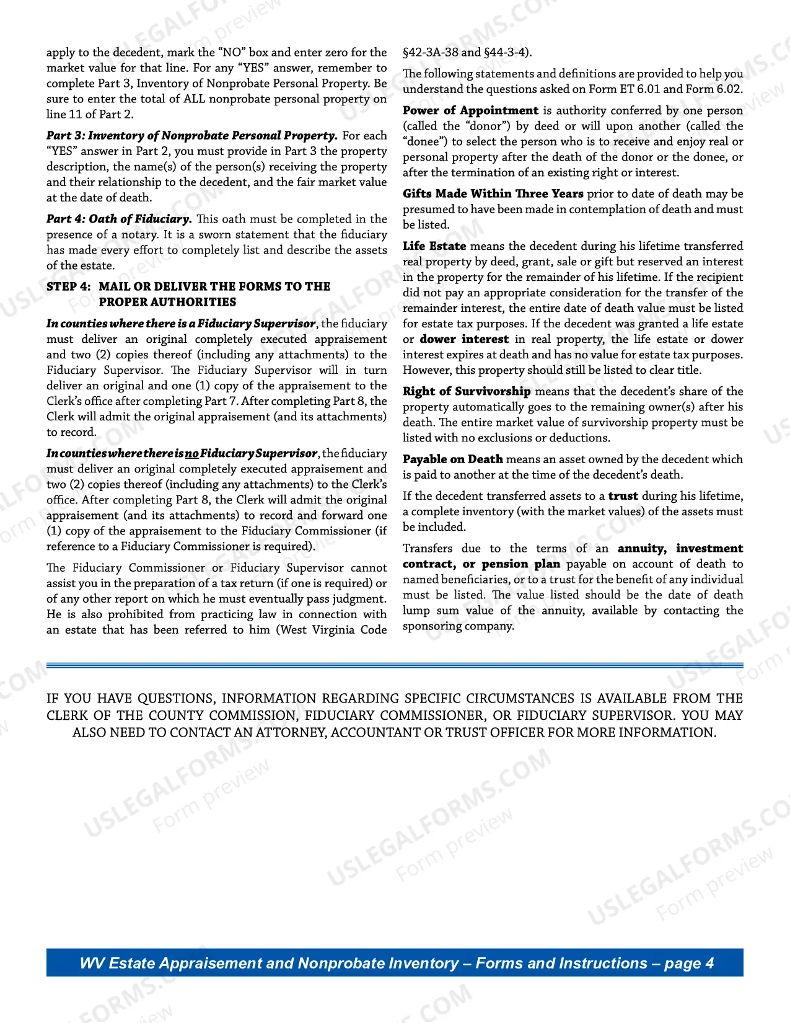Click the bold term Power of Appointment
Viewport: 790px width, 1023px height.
point(470,110)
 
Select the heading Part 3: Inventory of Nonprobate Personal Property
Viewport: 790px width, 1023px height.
point(191,136)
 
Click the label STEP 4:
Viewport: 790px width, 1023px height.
point(68,286)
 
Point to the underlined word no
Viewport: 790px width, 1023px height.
point(191,453)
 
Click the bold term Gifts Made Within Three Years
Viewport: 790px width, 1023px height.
point(493,193)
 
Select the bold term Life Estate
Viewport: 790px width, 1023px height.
point(434,246)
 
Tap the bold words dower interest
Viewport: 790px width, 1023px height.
point(464,339)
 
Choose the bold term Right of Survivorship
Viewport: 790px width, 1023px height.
point(466,391)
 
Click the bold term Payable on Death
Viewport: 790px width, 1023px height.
point(452,459)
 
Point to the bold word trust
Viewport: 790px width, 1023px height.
point(623,496)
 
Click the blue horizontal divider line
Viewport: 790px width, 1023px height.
point(395,666)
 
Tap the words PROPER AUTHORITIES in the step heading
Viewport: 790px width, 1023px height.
point(167,302)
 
